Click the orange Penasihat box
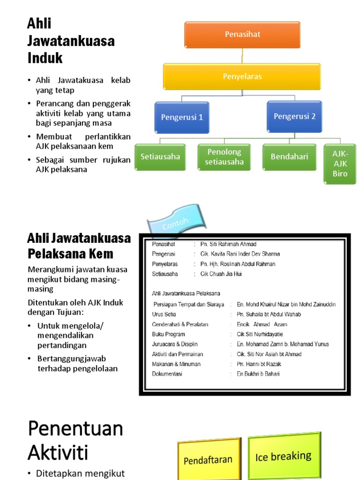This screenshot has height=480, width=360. tap(242, 35)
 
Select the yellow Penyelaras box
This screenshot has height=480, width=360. tap(242, 76)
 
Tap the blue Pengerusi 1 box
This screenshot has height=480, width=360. tap(182, 117)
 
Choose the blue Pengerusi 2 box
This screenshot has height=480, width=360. tap(294, 116)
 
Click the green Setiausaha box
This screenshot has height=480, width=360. tap(160, 157)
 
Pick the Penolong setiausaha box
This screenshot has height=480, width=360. tap(224, 157)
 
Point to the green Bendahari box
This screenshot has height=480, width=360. tap(289, 157)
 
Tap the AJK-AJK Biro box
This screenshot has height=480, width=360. tap(340, 164)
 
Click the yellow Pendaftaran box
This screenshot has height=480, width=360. tap(208, 460)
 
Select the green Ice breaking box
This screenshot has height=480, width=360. tap(283, 456)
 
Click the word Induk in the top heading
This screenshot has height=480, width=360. tap(45, 58)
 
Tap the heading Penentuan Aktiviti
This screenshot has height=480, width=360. tap(75, 440)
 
